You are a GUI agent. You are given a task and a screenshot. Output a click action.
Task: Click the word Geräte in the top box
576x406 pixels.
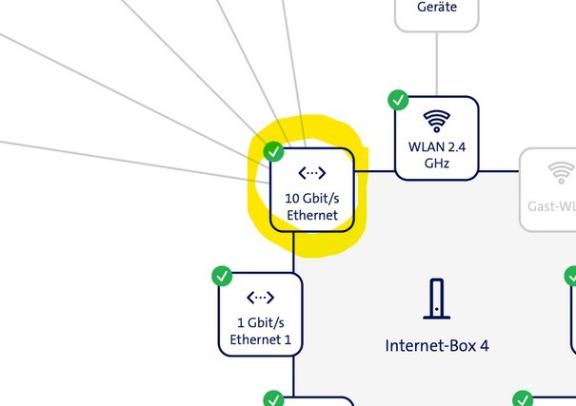coord(437,7)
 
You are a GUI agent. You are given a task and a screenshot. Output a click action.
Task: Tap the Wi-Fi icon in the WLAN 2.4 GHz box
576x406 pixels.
coord(437,121)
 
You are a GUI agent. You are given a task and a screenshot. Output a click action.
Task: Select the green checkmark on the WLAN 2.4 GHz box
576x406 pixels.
coord(398,99)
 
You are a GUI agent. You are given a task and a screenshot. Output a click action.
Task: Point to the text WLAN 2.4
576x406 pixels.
coord(437,146)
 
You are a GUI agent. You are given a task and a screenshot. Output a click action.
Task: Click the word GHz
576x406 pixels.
coord(437,163)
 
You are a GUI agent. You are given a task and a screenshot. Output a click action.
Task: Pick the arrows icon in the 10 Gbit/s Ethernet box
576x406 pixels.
coord(312,173)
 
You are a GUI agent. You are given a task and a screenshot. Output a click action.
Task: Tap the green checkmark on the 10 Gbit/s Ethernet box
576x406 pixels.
coord(273,151)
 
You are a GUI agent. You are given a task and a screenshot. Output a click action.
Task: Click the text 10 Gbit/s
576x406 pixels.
coord(312,199)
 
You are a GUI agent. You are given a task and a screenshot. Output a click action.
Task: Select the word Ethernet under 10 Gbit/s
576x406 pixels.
coord(312,215)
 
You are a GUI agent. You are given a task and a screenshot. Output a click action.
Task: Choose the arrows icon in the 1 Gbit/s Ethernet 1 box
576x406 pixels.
coord(260,299)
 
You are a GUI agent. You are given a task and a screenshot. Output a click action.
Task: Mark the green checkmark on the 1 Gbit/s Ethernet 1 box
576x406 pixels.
coord(221,277)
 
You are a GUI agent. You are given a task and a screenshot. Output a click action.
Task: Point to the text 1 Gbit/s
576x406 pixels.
coord(260,323)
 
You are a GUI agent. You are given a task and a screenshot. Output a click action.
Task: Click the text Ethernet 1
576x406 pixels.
coord(260,339)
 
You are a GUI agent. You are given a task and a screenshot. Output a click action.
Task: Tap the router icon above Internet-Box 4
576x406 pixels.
coord(437,299)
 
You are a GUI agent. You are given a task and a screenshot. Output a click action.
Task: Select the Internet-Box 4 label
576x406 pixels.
coord(437,345)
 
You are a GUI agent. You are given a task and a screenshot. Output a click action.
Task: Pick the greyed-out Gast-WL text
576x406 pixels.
coord(552,205)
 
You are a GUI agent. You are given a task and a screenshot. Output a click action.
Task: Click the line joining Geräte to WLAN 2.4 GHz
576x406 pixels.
coord(437,62)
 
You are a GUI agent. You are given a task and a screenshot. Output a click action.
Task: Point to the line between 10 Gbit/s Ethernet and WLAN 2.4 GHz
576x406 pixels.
coord(375,171)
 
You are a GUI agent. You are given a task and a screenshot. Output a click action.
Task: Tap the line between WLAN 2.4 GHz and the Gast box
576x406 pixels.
coord(499,171)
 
